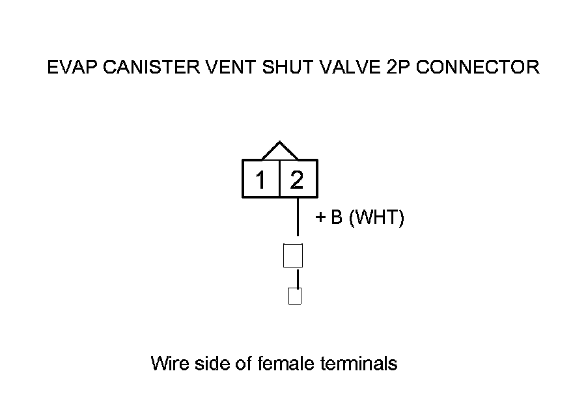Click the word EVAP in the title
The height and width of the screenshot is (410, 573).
click(68, 67)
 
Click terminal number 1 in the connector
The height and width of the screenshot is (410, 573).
click(260, 179)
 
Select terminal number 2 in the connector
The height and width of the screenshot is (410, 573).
click(298, 179)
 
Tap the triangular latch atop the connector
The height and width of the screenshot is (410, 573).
click(279, 152)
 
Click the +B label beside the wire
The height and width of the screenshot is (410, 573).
click(329, 217)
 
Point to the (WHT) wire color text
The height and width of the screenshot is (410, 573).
click(376, 217)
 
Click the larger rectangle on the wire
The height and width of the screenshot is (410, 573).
click(294, 255)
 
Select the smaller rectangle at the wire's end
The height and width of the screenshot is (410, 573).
click(295, 296)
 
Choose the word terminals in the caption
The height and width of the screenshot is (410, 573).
click(358, 362)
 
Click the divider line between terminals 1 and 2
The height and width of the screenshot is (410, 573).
click(279, 178)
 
